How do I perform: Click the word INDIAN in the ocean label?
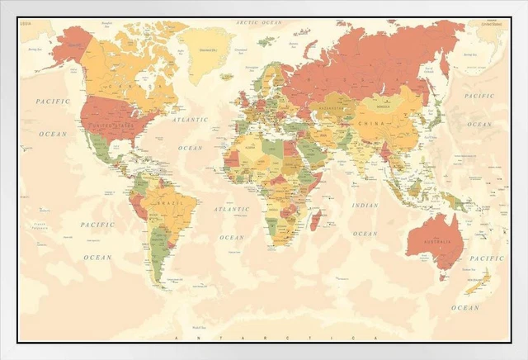point(365,205)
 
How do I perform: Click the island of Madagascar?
point(314,219)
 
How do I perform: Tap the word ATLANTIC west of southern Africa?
point(231,210)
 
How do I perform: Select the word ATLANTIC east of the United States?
point(191,120)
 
